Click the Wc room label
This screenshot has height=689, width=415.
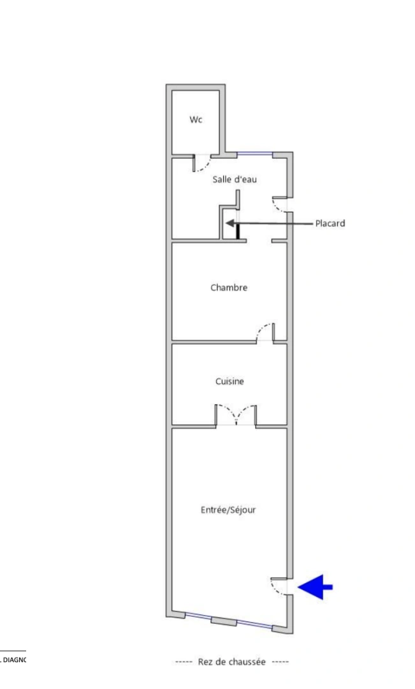coord(196,119)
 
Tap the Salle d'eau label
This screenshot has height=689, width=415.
coord(235,180)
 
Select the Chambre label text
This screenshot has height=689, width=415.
coord(229,288)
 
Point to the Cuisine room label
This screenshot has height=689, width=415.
coord(229,382)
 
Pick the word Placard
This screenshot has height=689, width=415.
coord(330,223)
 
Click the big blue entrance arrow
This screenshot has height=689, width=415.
coord(316,587)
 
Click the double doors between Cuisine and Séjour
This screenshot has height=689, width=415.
coord(236,415)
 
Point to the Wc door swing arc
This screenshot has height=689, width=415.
coord(201,164)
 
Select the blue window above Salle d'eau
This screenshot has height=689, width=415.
coord(255,154)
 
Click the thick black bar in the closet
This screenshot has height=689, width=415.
coord(238,229)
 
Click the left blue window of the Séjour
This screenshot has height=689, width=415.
coord(198,617)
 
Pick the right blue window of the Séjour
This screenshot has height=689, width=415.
coord(254,625)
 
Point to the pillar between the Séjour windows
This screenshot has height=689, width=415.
coord(222,621)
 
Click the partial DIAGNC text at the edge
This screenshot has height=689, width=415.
coord(13,660)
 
